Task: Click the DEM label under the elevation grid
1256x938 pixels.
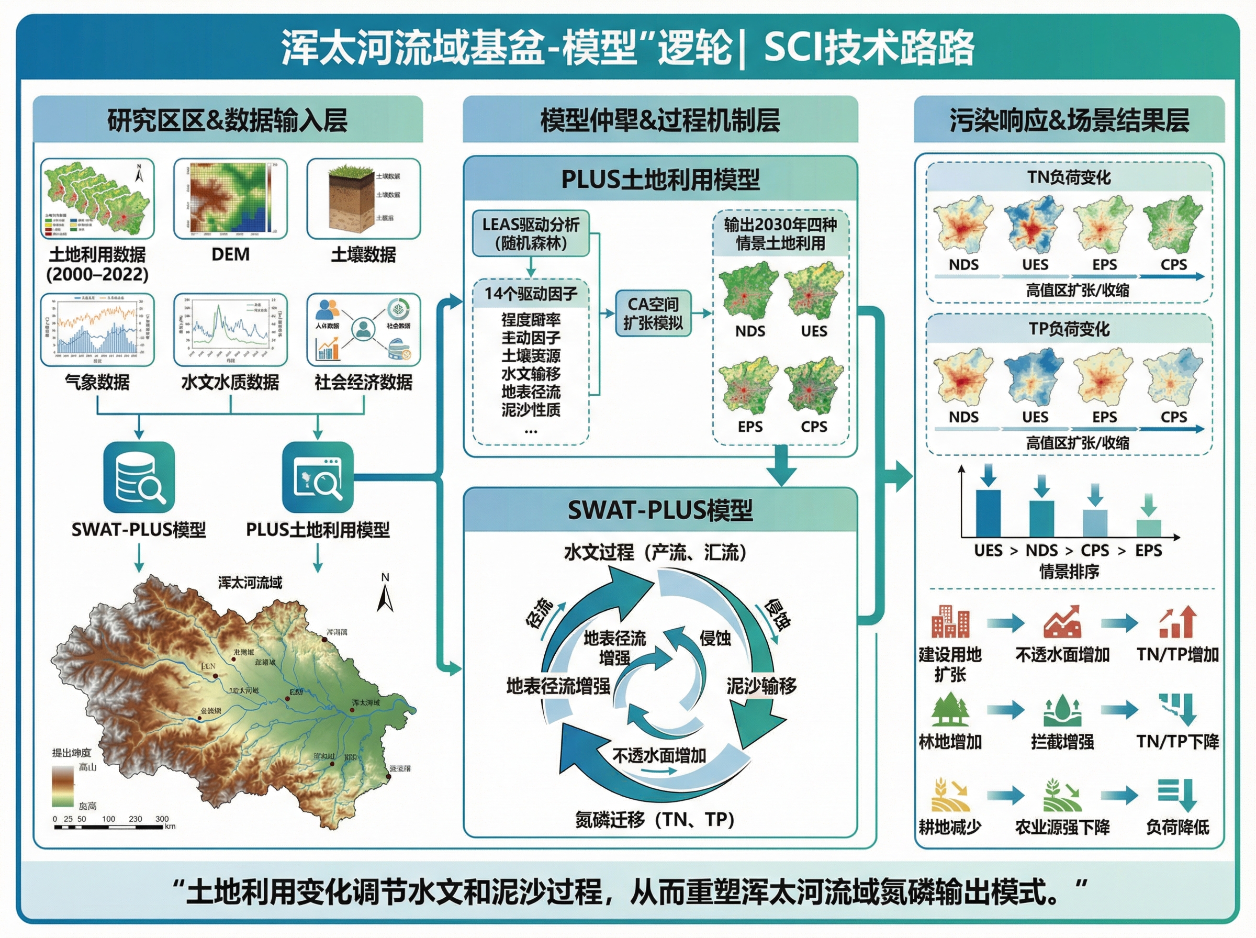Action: [x=230, y=254]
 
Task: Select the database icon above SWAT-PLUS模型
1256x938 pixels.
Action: [x=139, y=477]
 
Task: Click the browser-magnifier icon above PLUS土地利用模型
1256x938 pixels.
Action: [x=318, y=477]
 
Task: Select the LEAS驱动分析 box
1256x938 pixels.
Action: [x=531, y=233]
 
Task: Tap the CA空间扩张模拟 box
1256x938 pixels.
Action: [x=653, y=314]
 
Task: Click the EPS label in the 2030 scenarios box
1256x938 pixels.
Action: [x=750, y=427]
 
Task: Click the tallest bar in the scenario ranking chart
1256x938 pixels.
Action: [x=988, y=513]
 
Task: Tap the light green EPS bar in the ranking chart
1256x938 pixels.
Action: [x=1148, y=528]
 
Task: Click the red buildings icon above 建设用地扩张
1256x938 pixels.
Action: [x=950, y=622]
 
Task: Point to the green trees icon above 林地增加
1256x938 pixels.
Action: [x=950, y=710]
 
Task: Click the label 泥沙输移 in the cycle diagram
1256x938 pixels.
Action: [x=761, y=686]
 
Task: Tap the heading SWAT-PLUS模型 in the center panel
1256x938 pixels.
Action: [x=659, y=510]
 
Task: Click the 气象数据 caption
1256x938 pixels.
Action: [x=97, y=382]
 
